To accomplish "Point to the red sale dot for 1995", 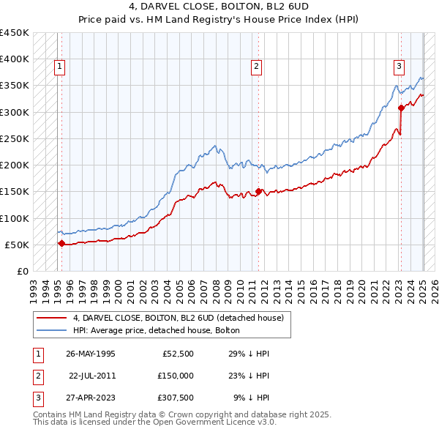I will coord(61,243).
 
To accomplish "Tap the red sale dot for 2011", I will coord(259,192).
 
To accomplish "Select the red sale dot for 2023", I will coord(401,108).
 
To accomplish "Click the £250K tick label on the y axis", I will coord(15,138).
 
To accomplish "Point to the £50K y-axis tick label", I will coord(18,245).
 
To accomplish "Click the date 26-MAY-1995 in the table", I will coord(90,354).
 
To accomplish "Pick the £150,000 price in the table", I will coord(176,376).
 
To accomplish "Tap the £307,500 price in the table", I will coord(176,398).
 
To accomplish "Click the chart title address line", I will coord(219,8).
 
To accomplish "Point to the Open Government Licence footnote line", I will coord(154,422).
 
